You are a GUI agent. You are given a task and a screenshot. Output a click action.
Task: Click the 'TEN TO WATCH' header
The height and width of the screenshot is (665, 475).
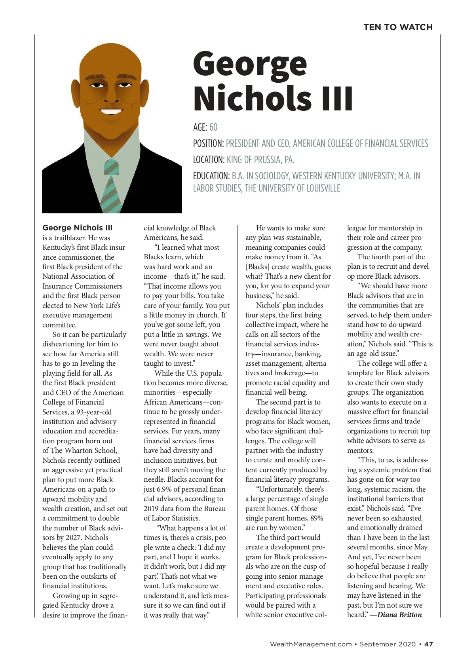click(x=398, y=27)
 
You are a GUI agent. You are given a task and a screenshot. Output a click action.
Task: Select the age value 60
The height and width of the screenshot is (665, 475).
click(x=213, y=127)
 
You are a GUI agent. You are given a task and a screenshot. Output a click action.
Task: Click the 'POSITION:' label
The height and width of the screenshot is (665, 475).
click(x=209, y=143)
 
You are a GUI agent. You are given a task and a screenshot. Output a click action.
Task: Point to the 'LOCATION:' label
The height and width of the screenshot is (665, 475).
click(x=209, y=160)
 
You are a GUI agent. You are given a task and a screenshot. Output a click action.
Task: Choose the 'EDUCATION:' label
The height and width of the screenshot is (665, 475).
click(x=211, y=176)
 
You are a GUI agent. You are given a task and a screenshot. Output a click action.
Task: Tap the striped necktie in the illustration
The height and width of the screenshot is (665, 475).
click(x=112, y=186)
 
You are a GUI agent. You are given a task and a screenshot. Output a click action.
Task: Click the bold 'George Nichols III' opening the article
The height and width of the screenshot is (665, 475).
click(x=78, y=228)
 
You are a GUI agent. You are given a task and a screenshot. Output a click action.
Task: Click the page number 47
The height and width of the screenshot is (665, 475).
click(x=429, y=644)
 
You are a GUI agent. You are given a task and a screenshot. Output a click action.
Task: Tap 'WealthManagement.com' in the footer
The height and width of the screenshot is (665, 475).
click(x=311, y=644)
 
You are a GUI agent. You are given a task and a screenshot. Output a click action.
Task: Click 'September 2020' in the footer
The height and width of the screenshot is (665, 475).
click(x=388, y=644)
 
